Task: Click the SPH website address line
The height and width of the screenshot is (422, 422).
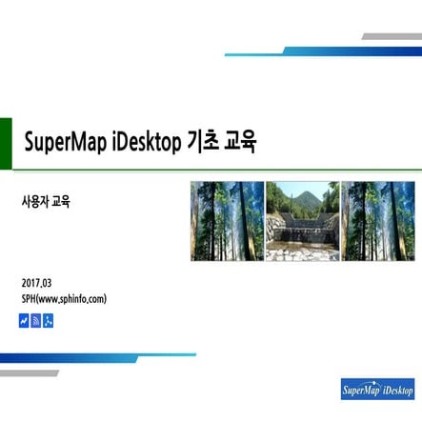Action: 64,299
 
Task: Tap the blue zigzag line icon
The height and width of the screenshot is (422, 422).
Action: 24,320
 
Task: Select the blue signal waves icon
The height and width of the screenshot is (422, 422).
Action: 36,320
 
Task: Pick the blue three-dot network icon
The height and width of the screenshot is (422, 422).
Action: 49,320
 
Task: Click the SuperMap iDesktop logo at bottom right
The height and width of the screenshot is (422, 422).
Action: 377,388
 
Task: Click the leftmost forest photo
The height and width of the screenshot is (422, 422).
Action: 227,221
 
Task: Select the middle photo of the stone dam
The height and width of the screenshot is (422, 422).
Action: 302,221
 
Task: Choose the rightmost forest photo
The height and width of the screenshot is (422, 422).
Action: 377,221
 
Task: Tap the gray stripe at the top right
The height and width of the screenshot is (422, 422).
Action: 391,36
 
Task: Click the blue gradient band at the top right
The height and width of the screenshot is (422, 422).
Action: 324,51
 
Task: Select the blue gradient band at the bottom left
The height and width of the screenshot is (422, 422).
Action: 95,357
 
